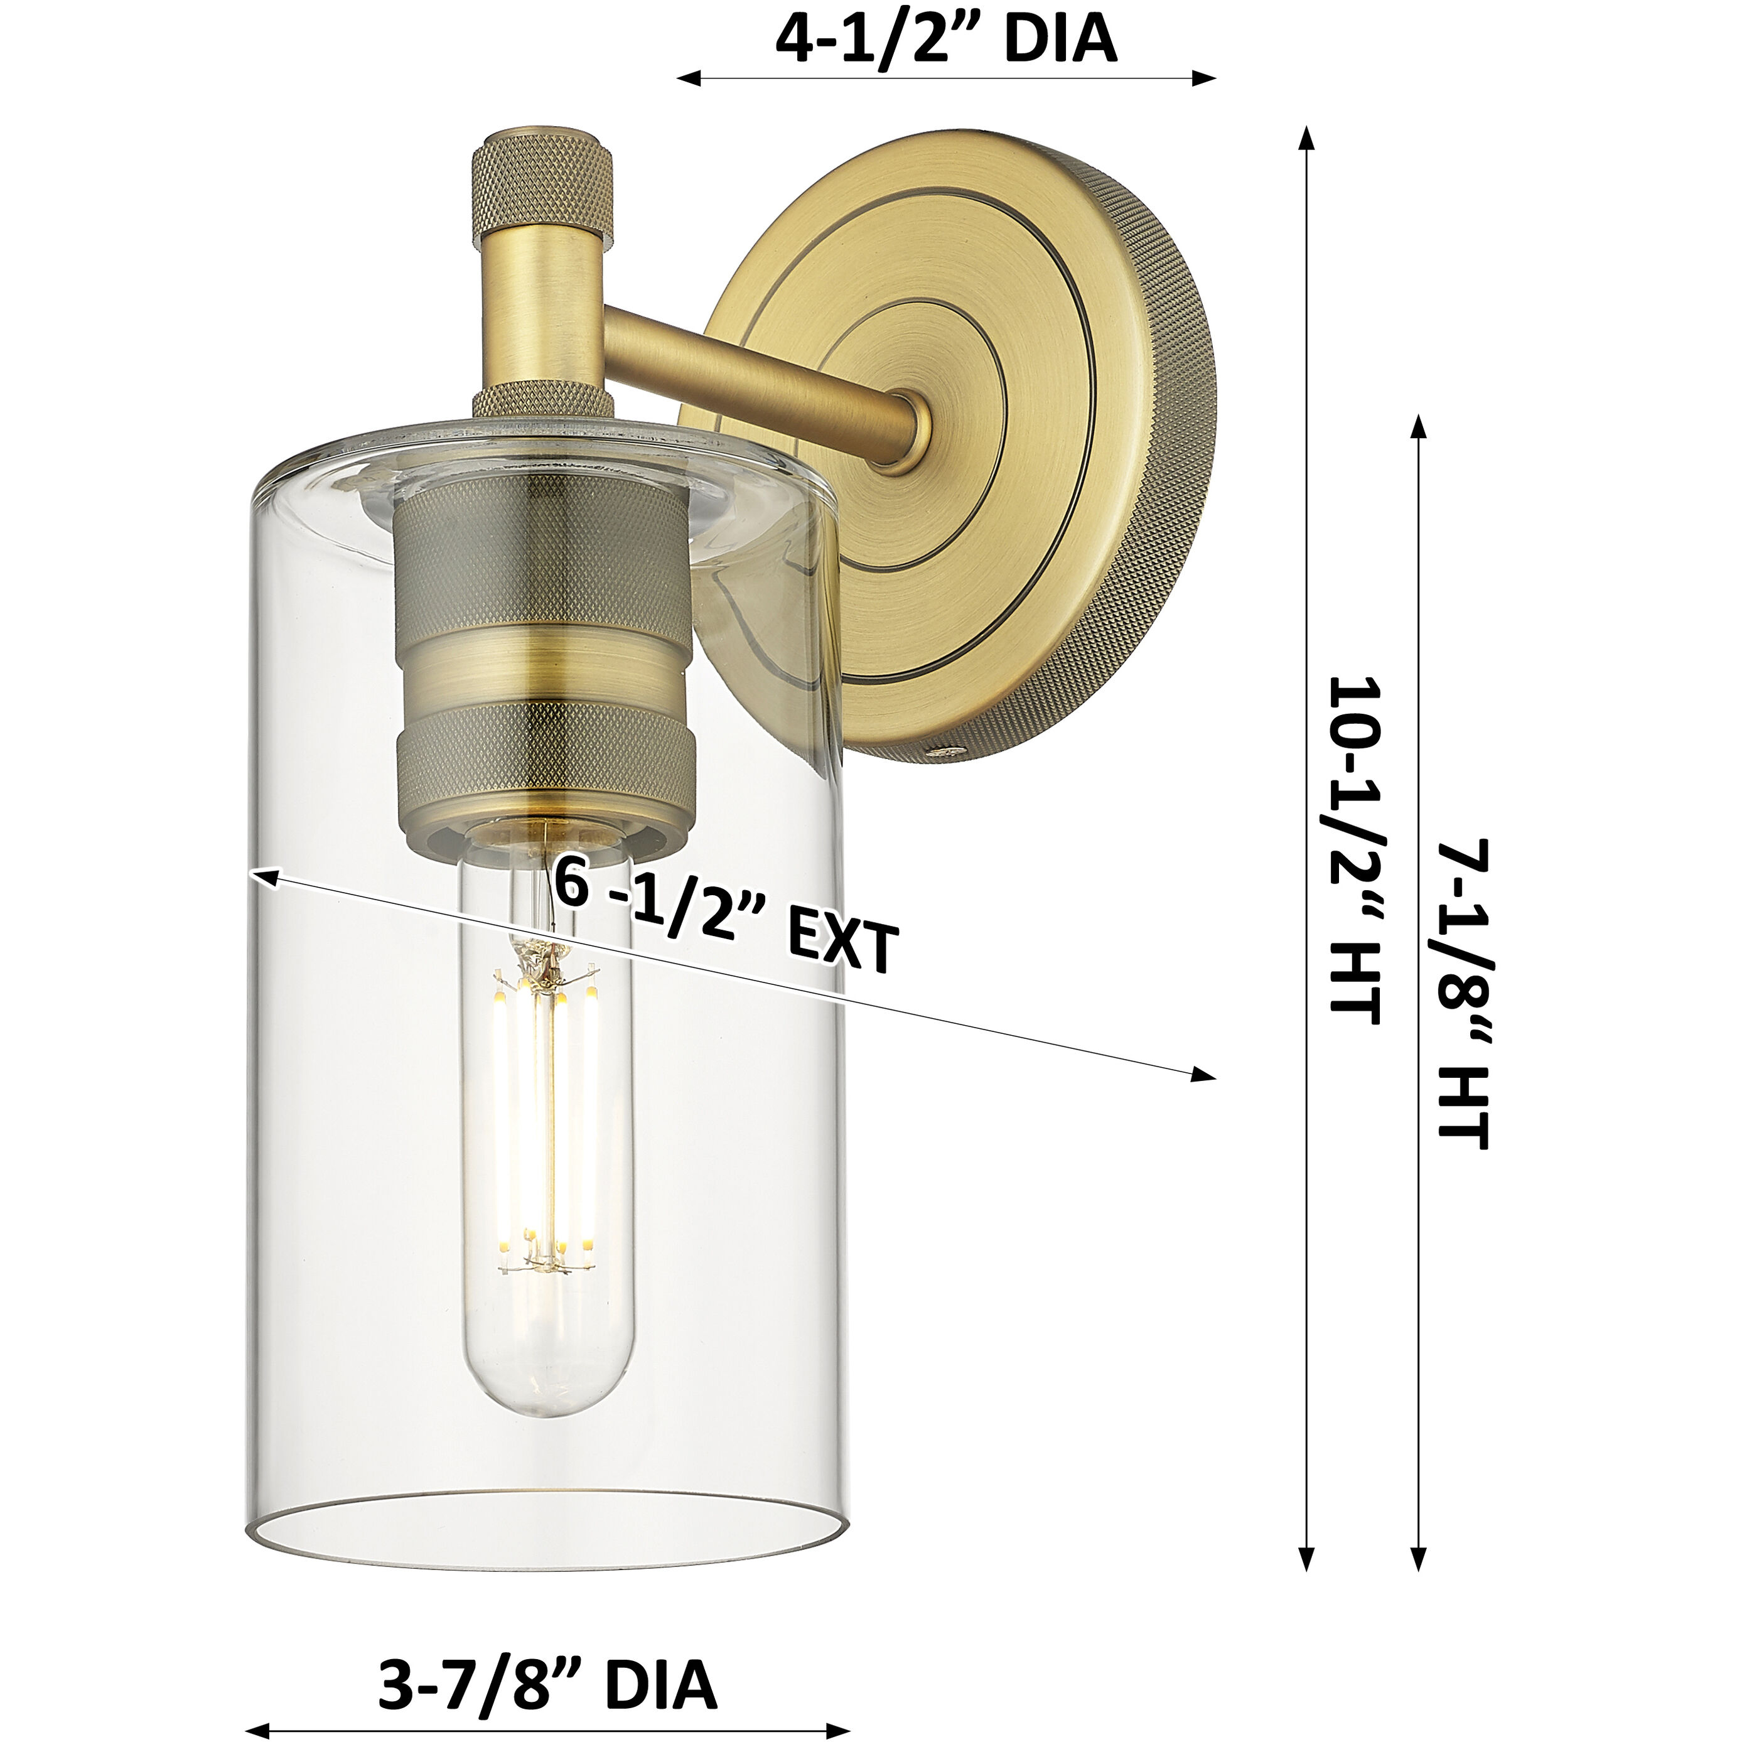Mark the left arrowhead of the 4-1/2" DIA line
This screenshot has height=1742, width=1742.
pyautogui.click(x=687, y=78)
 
